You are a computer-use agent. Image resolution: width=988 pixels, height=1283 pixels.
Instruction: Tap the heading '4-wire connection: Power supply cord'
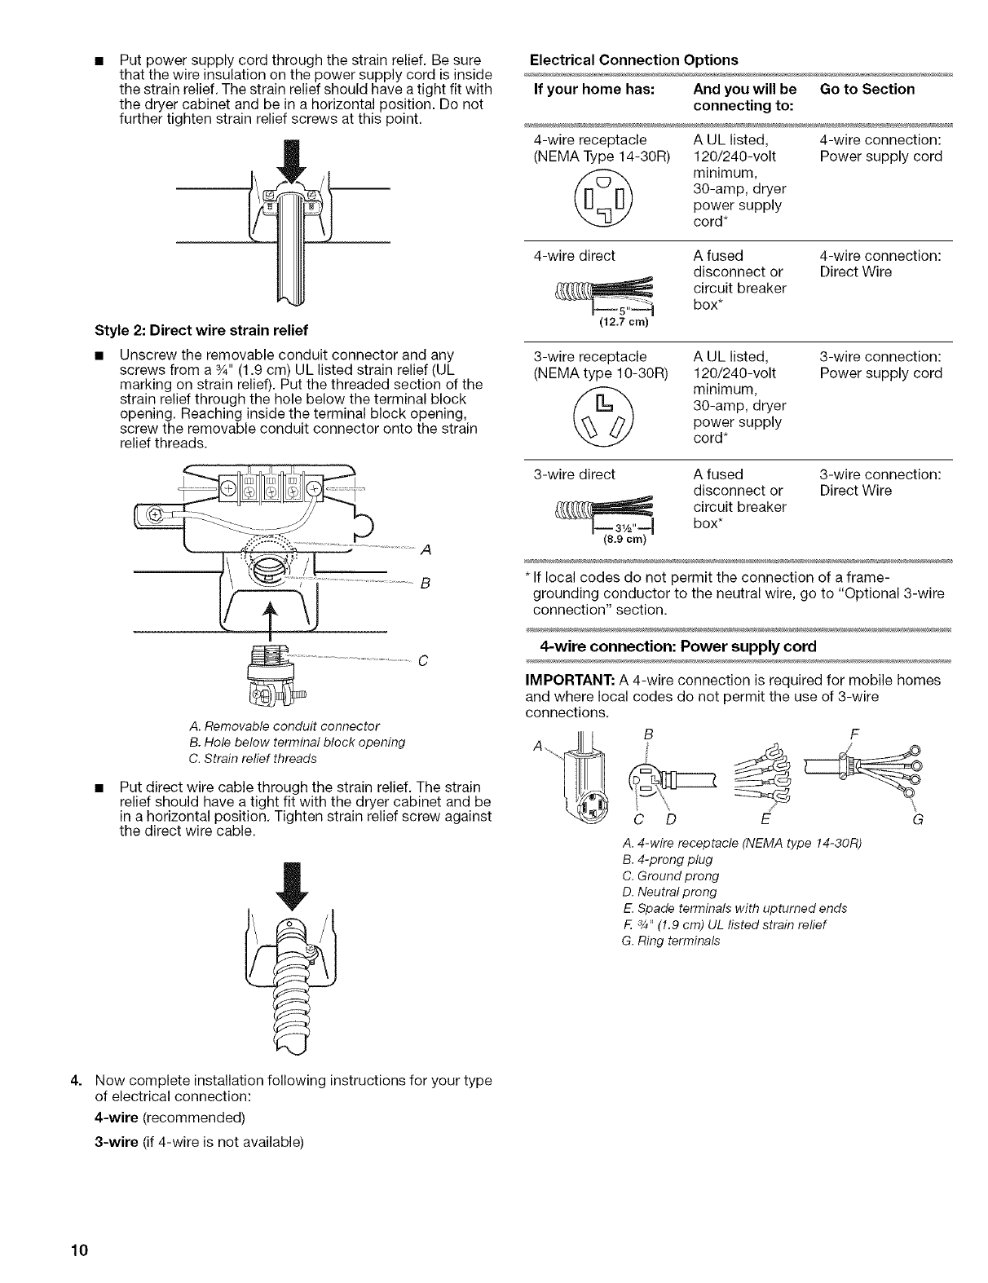677,647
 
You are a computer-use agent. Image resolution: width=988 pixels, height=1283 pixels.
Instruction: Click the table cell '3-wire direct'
574,474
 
